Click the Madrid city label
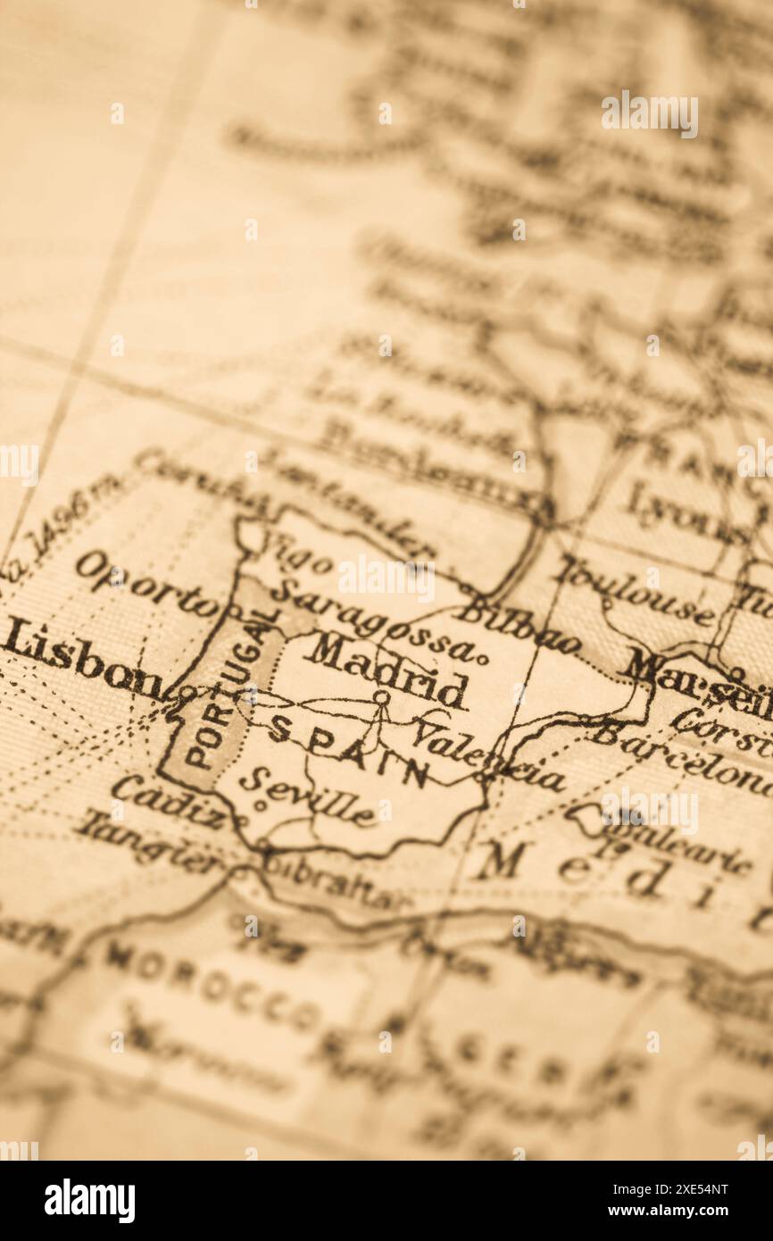386,669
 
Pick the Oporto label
147,586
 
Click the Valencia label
487,760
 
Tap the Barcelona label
683,758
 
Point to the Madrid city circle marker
381,696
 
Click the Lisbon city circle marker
187,691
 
